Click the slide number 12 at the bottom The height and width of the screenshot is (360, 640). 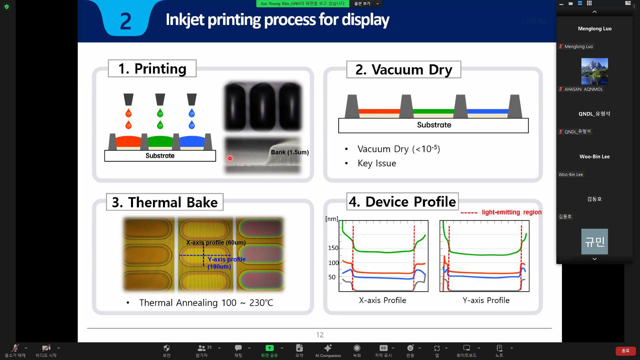point(320,335)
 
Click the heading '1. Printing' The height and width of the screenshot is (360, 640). point(152,68)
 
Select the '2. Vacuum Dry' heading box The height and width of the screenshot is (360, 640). point(404,69)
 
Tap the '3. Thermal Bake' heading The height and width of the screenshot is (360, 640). point(165,202)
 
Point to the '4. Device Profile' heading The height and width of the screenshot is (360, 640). point(402,201)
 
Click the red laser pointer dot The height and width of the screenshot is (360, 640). point(230,158)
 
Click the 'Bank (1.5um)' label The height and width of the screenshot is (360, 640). point(290,152)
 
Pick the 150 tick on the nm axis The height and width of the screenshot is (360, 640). point(333,248)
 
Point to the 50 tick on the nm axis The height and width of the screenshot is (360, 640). point(332,277)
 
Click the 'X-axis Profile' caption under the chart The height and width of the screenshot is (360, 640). point(382,300)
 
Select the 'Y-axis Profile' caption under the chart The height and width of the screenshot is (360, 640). point(486,300)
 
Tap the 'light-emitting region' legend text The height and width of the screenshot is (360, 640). point(512,212)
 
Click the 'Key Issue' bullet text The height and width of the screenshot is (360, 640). point(377,163)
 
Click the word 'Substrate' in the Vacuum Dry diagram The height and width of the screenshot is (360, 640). point(434,125)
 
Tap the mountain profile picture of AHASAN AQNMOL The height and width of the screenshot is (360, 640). point(594,71)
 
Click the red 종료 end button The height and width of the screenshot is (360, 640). point(625,351)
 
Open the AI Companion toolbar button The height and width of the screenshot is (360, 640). point(328,351)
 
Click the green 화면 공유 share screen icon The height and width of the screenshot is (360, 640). point(269,348)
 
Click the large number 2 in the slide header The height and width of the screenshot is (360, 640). point(125,21)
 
